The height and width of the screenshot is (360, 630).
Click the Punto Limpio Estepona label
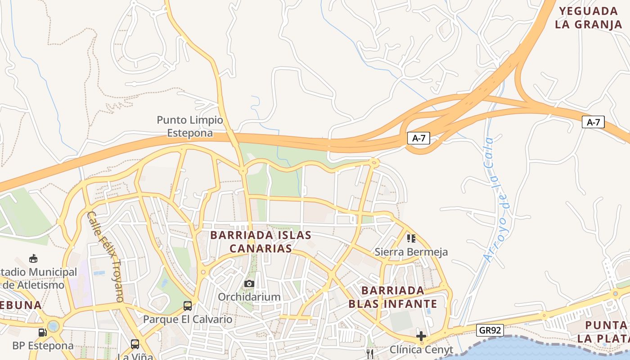(189, 126)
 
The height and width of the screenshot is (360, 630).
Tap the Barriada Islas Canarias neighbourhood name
(261, 242)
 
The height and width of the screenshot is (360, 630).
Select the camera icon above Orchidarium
(249, 283)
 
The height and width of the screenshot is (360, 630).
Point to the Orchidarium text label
(249, 297)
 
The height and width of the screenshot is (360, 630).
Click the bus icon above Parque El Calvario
(188, 306)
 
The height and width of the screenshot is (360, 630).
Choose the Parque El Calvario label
(188, 319)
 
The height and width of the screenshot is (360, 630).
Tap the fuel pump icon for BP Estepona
(42, 333)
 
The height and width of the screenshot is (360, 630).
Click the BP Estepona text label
(43, 346)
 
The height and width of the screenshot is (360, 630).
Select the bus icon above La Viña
(135, 344)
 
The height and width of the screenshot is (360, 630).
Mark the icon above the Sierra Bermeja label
(411, 238)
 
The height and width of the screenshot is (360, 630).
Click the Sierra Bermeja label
(411, 252)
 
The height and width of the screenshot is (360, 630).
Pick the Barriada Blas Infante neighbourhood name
(393, 297)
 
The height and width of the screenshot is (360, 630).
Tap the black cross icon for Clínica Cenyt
(421, 336)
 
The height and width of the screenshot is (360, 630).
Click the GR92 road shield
(490, 330)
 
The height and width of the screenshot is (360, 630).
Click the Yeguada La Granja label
(589, 18)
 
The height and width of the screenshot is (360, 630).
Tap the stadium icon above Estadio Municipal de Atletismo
(33, 259)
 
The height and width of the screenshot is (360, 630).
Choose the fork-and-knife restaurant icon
(370, 354)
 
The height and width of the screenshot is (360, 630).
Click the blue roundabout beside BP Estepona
(54, 325)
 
